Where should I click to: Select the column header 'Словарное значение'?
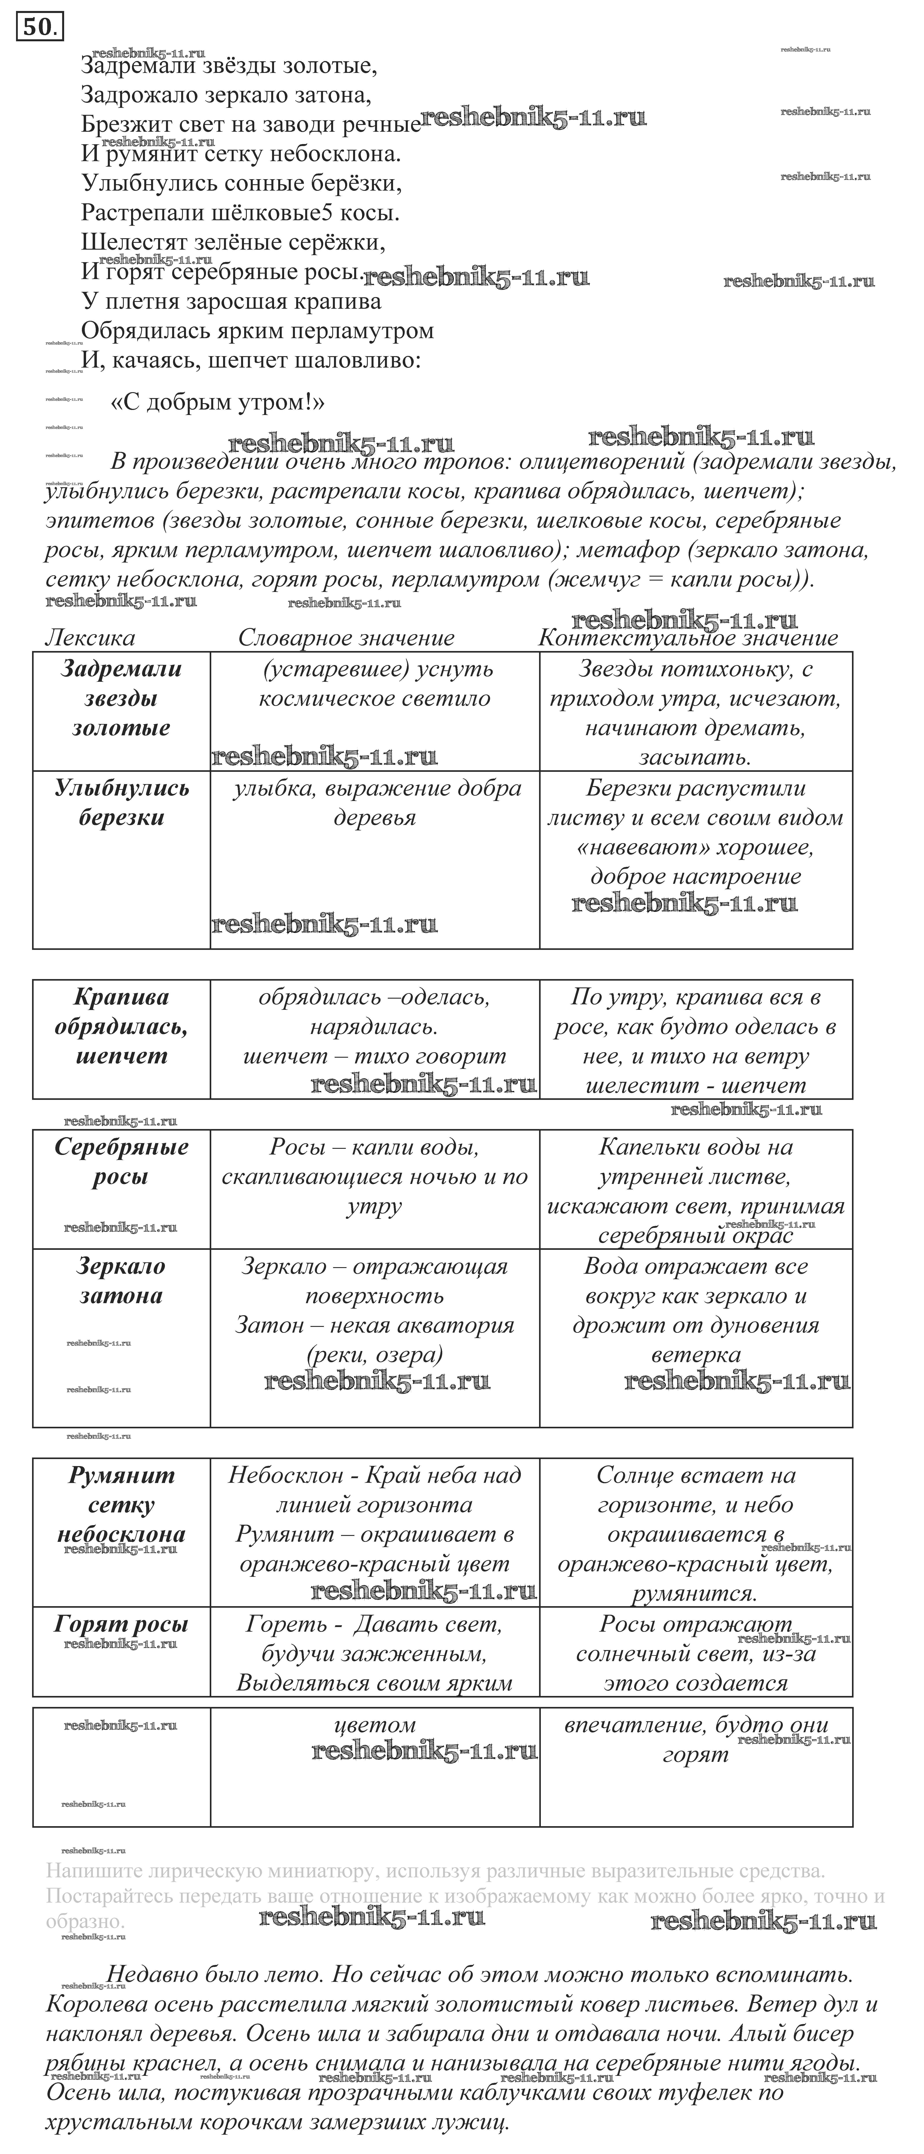point(346,638)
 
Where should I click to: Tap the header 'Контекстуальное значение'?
point(687,638)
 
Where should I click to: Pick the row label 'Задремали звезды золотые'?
point(121,698)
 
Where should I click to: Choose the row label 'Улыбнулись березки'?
point(121,803)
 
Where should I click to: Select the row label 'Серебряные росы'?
point(121,1162)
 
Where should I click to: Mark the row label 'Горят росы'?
point(121,1625)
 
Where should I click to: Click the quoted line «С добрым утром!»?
point(217,402)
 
